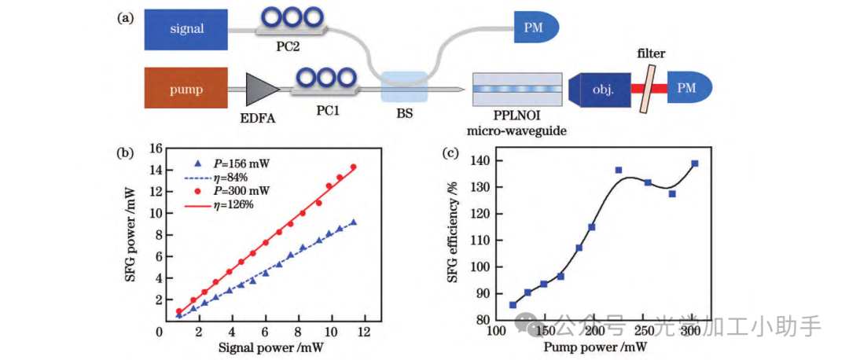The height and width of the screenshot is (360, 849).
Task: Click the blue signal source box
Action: click(186, 29)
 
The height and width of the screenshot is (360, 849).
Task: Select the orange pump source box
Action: click(186, 89)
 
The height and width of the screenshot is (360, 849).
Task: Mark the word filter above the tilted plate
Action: click(652, 54)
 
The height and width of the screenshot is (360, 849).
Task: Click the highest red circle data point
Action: click(354, 167)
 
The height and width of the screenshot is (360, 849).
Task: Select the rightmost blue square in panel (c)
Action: click(694, 163)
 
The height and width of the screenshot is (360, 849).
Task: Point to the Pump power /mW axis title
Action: click(594, 347)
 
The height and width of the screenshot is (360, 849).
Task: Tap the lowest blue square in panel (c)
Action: click(513, 305)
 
